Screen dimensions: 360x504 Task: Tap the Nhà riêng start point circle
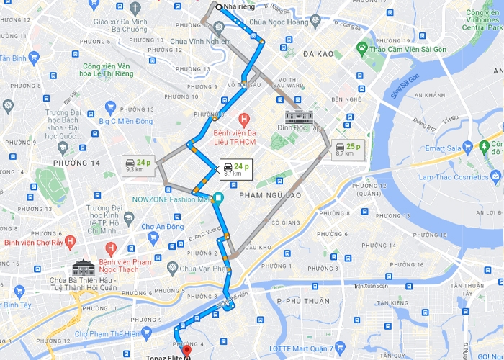(218, 7)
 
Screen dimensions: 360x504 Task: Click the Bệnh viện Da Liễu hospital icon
(244, 118)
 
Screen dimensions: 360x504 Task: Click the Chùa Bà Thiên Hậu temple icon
(84, 268)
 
